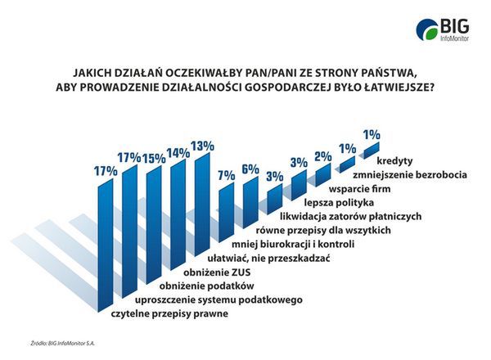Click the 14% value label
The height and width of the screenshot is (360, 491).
(x=178, y=152)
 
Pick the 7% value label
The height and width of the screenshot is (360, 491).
(x=226, y=174)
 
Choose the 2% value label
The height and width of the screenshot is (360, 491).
(x=322, y=156)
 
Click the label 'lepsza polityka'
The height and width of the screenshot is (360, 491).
(x=338, y=201)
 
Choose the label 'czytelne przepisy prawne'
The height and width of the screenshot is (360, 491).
(x=170, y=314)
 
